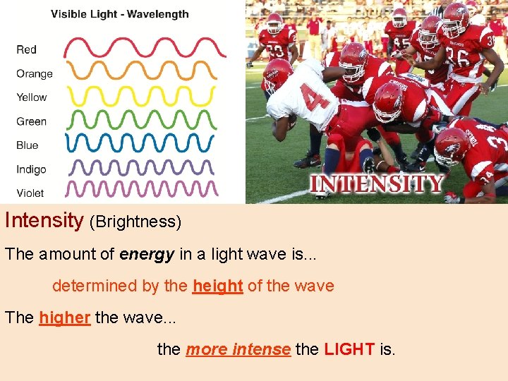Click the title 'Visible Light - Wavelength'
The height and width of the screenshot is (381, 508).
pyautogui.click(x=120, y=14)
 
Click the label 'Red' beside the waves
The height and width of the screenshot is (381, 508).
pyautogui.click(x=27, y=49)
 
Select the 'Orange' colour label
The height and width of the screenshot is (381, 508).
pyautogui.click(x=35, y=73)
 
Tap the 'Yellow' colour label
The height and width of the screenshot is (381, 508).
pyautogui.click(x=32, y=97)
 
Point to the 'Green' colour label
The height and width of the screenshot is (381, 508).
pyautogui.click(x=32, y=121)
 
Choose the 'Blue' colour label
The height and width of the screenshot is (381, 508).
pyautogui.click(x=28, y=145)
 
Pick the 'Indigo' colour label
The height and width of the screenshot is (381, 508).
pyautogui.click(x=32, y=169)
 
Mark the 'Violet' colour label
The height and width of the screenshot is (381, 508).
pyautogui.click(x=30, y=193)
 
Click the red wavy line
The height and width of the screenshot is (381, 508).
pyautogui.click(x=145, y=47)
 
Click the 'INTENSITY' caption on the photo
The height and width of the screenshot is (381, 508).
pyautogui.click(x=377, y=185)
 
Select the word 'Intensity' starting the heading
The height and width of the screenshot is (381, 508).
pyautogui.click(x=44, y=221)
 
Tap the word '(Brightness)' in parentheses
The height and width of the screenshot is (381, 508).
pyautogui.click(x=135, y=222)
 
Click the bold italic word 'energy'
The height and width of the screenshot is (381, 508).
pyautogui.click(x=147, y=255)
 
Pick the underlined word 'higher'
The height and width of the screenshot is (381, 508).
pyautogui.click(x=64, y=318)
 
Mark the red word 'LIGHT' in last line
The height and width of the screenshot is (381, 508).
pyautogui.click(x=350, y=349)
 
